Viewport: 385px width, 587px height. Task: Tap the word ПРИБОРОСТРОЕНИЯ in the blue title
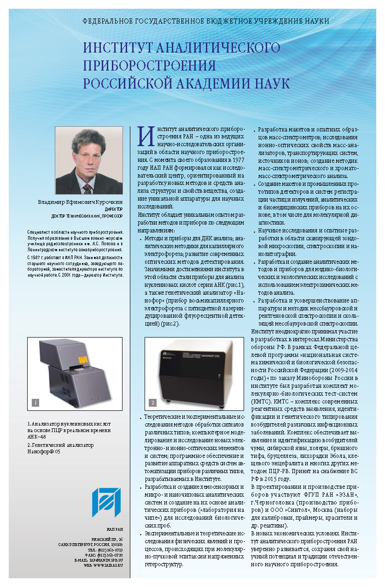(149, 65)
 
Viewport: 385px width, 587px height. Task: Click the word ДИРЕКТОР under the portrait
(112, 209)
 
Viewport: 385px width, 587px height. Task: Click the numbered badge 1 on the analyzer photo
(35, 403)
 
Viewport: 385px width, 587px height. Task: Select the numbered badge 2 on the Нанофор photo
(153, 403)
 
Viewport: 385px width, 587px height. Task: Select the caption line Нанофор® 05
(43, 452)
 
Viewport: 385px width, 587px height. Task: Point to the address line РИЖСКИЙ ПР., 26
(107, 539)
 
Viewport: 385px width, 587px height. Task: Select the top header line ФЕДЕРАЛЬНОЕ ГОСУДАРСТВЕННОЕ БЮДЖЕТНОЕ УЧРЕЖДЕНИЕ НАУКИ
(205, 21)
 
